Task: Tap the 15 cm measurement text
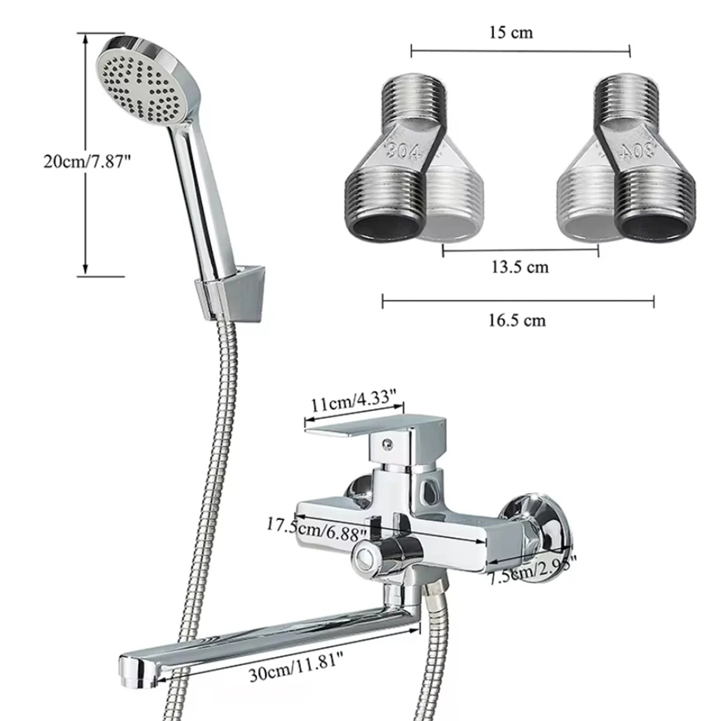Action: [x=511, y=32]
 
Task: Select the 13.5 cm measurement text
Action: [x=520, y=266]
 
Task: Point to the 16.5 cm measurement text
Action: [x=517, y=320]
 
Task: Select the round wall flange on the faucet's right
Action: [x=536, y=523]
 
